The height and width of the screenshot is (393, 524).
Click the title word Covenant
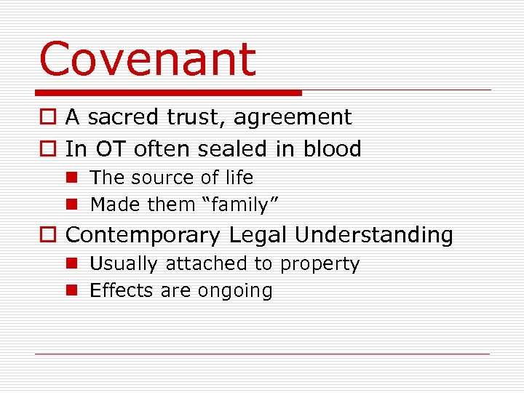click(148, 59)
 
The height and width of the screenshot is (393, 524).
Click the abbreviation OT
click(110, 148)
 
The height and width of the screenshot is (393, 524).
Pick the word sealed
click(223, 148)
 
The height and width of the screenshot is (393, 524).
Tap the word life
click(239, 178)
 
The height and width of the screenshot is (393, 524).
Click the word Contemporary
click(143, 235)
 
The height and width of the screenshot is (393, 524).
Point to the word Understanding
click(374, 235)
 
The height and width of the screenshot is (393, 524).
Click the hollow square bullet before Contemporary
click(47, 236)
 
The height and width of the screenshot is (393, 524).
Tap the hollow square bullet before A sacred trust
click(47, 118)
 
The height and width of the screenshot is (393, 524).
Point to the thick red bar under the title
click(168, 92)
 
